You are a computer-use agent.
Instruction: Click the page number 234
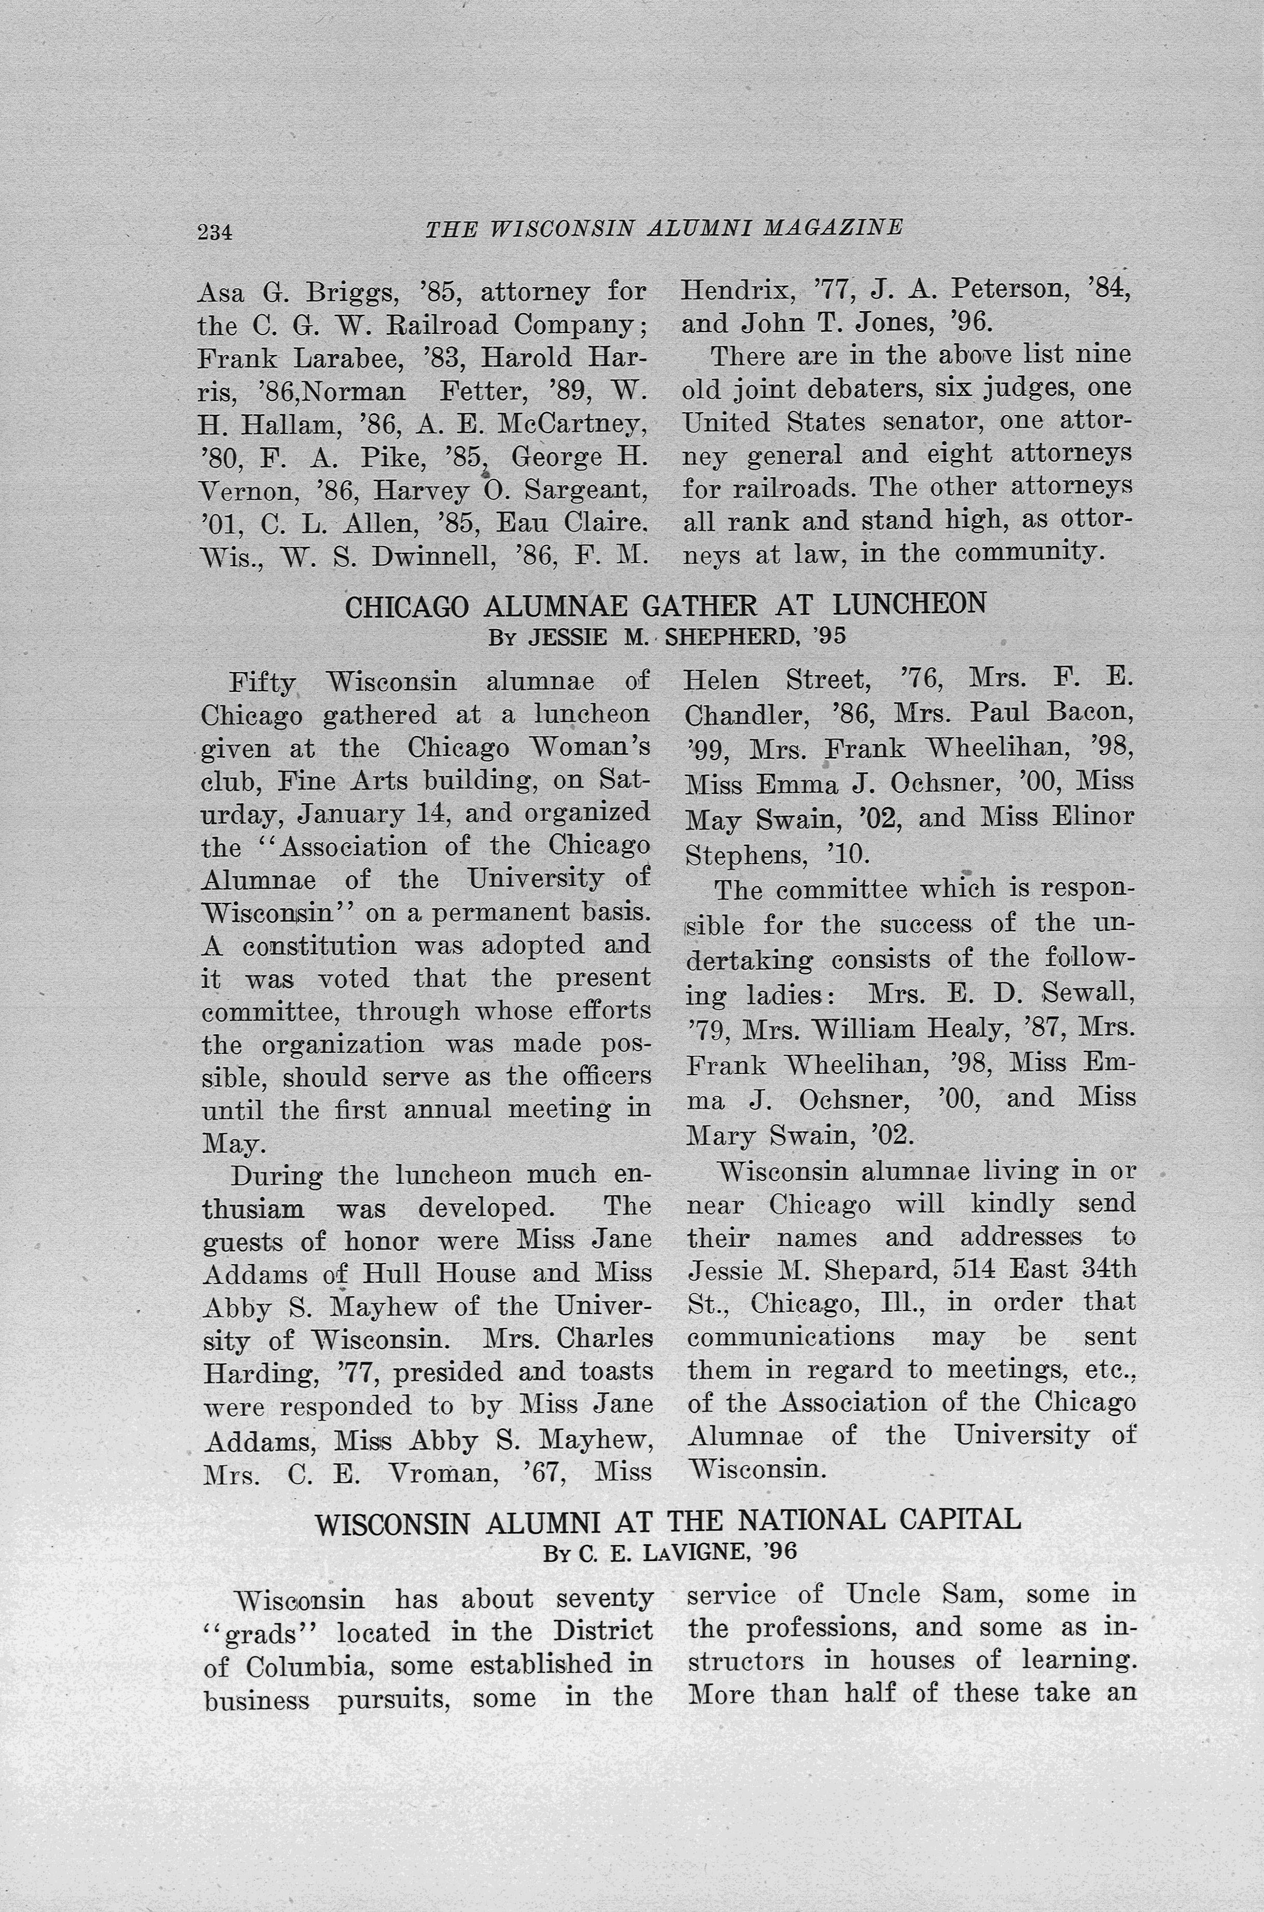click(215, 232)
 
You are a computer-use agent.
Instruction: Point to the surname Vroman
click(442, 1473)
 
